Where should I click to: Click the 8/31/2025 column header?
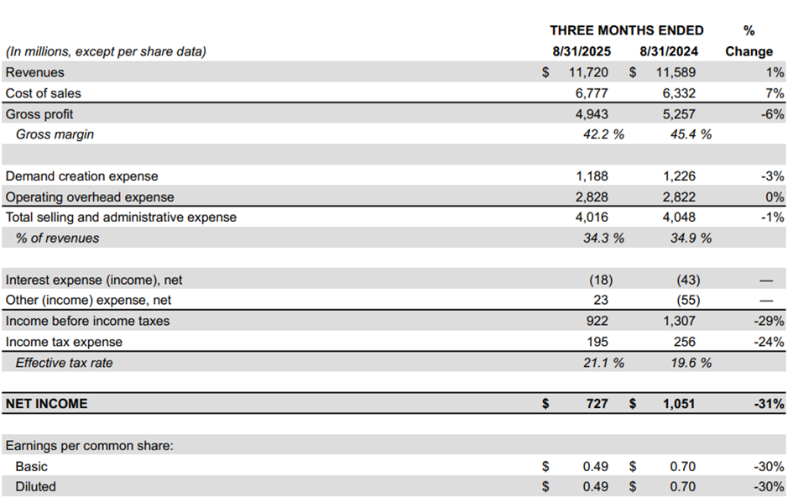(582, 51)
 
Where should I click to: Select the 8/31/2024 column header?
(669, 51)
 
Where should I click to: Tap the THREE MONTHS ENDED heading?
(627, 30)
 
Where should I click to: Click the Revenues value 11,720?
(588, 72)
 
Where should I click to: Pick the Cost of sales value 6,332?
(679, 93)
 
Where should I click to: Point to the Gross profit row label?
(39, 114)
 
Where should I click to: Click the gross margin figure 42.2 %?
(603, 134)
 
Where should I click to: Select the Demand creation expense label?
(82, 176)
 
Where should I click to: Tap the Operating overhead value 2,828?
(592, 197)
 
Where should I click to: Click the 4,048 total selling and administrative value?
(679, 218)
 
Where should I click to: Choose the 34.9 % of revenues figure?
(691, 238)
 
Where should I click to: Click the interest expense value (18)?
(601, 280)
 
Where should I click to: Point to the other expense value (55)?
(688, 300)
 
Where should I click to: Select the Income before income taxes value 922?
(597, 321)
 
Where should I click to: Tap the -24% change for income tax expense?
(769, 342)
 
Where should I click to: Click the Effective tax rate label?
(65, 363)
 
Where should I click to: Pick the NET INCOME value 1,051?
(679, 404)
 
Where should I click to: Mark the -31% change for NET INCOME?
(769, 404)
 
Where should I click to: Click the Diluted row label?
(35, 487)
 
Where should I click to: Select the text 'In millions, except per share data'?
(106, 51)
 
